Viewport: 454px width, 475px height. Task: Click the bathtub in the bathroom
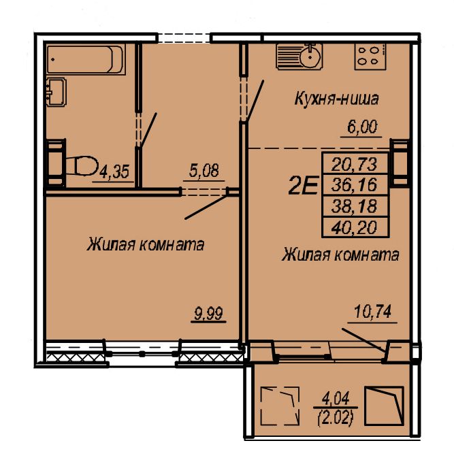[x=86, y=59]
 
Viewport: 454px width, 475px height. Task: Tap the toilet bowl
[x=82, y=165]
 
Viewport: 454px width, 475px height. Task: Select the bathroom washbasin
[x=56, y=92]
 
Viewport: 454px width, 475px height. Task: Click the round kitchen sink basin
[x=310, y=56]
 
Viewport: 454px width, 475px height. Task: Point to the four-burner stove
[x=370, y=56]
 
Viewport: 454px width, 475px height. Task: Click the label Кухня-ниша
[x=336, y=99]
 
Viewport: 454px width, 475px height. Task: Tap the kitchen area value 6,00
[x=362, y=127]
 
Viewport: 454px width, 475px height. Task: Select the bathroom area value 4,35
[x=114, y=171]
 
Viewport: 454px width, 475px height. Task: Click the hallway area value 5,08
[x=204, y=171]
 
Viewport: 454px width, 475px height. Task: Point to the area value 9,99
[x=209, y=313]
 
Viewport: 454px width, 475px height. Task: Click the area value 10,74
[x=373, y=312]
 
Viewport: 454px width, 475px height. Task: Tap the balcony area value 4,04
[x=336, y=398]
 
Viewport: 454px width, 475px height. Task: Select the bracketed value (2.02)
[x=336, y=420]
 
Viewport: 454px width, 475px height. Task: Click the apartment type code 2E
[x=303, y=186]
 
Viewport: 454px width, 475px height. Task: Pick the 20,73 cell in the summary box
[x=355, y=164]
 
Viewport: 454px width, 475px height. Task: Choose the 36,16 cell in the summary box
[x=355, y=185]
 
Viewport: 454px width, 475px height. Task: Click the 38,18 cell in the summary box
[x=355, y=206]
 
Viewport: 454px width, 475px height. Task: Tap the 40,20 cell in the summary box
[x=355, y=227]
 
